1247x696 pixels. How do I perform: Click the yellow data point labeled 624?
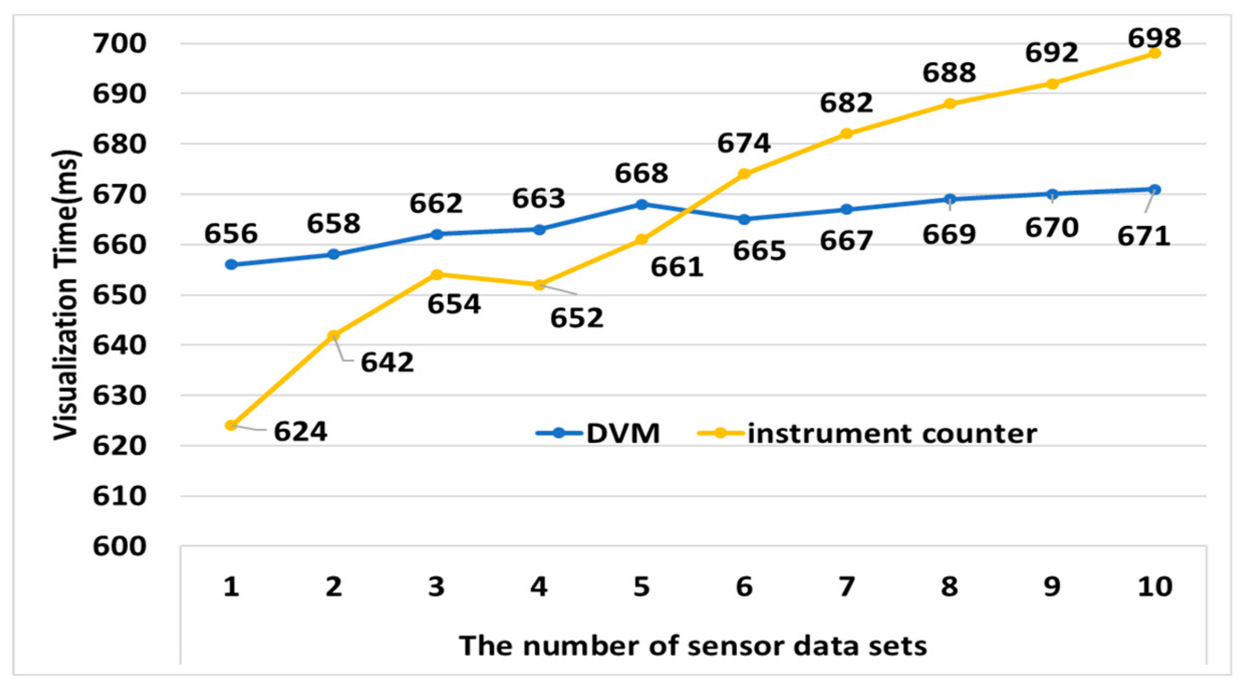pyautogui.click(x=231, y=425)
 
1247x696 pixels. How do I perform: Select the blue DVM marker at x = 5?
pyautogui.click(x=642, y=204)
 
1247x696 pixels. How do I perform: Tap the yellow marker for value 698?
pyautogui.click(x=1155, y=53)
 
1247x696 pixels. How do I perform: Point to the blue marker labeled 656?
pyautogui.click(x=231, y=265)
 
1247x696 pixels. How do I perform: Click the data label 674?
pyautogui.click(x=744, y=143)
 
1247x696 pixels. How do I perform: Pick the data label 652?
pyautogui.click(x=577, y=318)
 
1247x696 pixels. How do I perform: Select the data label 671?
pyautogui.click(x=1144, y=236)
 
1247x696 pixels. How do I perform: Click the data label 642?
pyautogui.click(x=387, y=363)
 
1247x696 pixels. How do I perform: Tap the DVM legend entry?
pyautogui.click(x=598, y=433)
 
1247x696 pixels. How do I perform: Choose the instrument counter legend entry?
pyautogui.click(x=868, y=433)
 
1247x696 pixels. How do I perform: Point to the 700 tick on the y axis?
pyautogui.click(x=119, y=44)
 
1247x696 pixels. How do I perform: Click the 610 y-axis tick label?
pyautogui.click(x=119, y=496)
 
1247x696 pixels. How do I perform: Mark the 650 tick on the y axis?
pyautogui.click(x=119, y=295)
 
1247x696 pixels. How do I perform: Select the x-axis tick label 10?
pyautogui.click(x=1155, y=587)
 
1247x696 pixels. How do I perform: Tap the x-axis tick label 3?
pyautogui.click(x=436, y=587)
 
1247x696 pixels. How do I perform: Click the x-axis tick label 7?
pyautogui.click(x=846, y=587)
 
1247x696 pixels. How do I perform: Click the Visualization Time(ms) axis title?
pyautogui.click(x=66, y=295)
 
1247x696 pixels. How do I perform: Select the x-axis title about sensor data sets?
pyautogui.click(x=693, y=646)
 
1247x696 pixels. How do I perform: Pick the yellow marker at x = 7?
pyautogui.click(x=846, y=133)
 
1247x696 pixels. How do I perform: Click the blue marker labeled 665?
pyautogui.click(x=744, y=219)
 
